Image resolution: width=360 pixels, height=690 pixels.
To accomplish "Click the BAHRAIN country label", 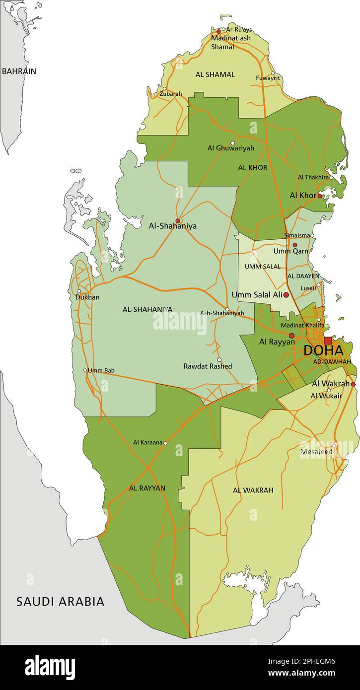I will (x=19, y=71).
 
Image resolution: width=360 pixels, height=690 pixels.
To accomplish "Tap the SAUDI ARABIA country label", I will (x=61, y=602).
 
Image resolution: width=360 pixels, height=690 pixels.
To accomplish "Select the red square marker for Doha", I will (x=328, y=341).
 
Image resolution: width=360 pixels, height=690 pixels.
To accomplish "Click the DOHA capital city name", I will (x=323, y=350).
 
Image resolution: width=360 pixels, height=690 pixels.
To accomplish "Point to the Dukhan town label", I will (x=87, y=297).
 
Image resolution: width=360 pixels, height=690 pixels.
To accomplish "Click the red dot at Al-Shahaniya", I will (x=177, y=221).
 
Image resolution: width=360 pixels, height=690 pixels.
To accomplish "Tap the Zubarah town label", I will (x=171, y=94).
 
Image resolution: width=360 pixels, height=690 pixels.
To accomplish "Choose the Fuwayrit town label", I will (x=268, y=78).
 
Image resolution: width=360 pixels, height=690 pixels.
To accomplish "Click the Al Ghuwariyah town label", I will (x=230, y=148).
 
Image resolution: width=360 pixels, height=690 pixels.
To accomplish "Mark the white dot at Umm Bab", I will (x=85, y=370).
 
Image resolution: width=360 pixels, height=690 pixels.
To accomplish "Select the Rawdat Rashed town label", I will (x=208, y=366).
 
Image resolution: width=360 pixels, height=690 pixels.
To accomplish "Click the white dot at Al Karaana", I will (x=166, y=443).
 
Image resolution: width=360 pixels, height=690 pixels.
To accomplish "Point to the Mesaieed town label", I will (x=317, y=452).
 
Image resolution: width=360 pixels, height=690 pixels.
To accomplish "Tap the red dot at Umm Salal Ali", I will (x=286, y=295).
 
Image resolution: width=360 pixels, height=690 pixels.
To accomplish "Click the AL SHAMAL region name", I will (x=215, y=74).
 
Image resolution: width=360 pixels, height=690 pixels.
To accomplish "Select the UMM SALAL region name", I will (x=262, y=267).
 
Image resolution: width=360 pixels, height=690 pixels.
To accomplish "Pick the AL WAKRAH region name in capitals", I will (x=253, y=490).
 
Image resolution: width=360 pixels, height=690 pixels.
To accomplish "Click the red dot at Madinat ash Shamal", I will (x=218, y=31).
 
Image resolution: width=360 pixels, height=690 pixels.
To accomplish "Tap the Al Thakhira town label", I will (x=313, y=177).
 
